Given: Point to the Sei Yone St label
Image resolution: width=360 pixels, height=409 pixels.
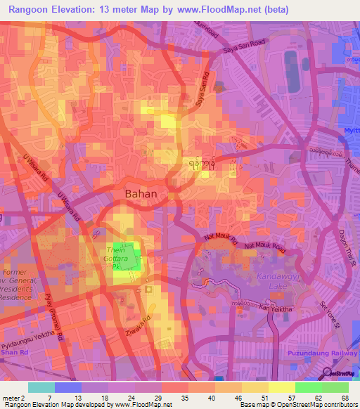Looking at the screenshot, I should [329, 316].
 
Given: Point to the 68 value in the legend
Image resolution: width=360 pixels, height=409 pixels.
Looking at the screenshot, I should [345, 397].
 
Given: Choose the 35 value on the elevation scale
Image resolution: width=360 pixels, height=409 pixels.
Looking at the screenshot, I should [184, 397].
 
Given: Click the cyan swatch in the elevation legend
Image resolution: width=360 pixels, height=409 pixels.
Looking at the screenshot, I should [41, 387].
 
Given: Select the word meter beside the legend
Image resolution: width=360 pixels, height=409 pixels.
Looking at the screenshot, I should [11, 397].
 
